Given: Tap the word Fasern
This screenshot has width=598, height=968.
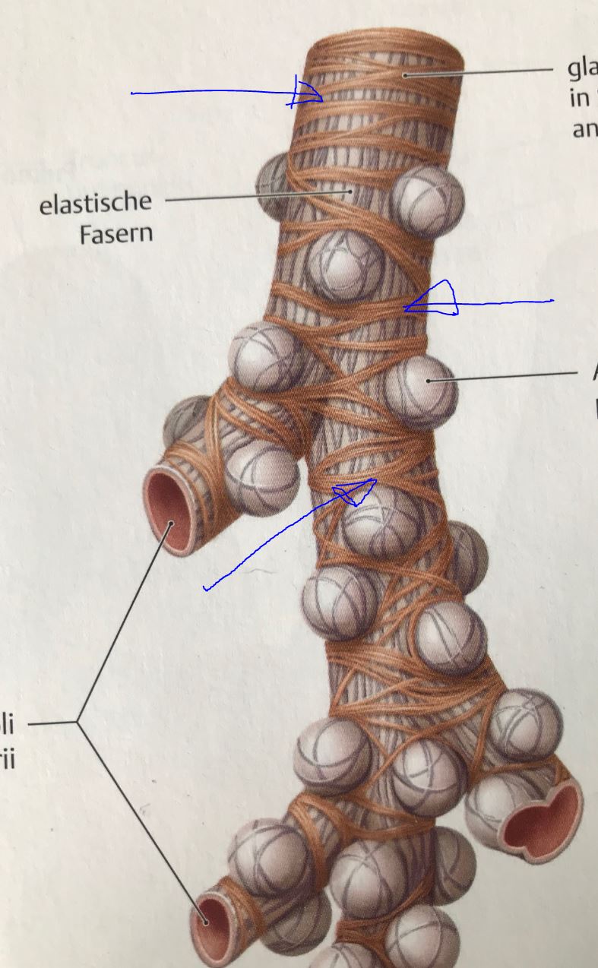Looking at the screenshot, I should coord(115,233).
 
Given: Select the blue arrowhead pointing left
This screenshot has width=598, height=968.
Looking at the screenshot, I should coord(433,299).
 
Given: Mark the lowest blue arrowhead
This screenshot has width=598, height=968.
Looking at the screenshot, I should coord(354,491).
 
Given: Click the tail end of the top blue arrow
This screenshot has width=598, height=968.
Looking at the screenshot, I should coord(134,93).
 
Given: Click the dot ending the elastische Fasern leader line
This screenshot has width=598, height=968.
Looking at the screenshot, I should coord(350,191).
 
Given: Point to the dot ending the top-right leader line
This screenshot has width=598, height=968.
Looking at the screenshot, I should coord(406,75).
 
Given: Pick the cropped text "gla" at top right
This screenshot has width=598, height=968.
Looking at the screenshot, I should coord(583,69).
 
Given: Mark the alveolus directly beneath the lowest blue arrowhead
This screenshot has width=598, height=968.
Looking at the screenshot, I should coord(376,524).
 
